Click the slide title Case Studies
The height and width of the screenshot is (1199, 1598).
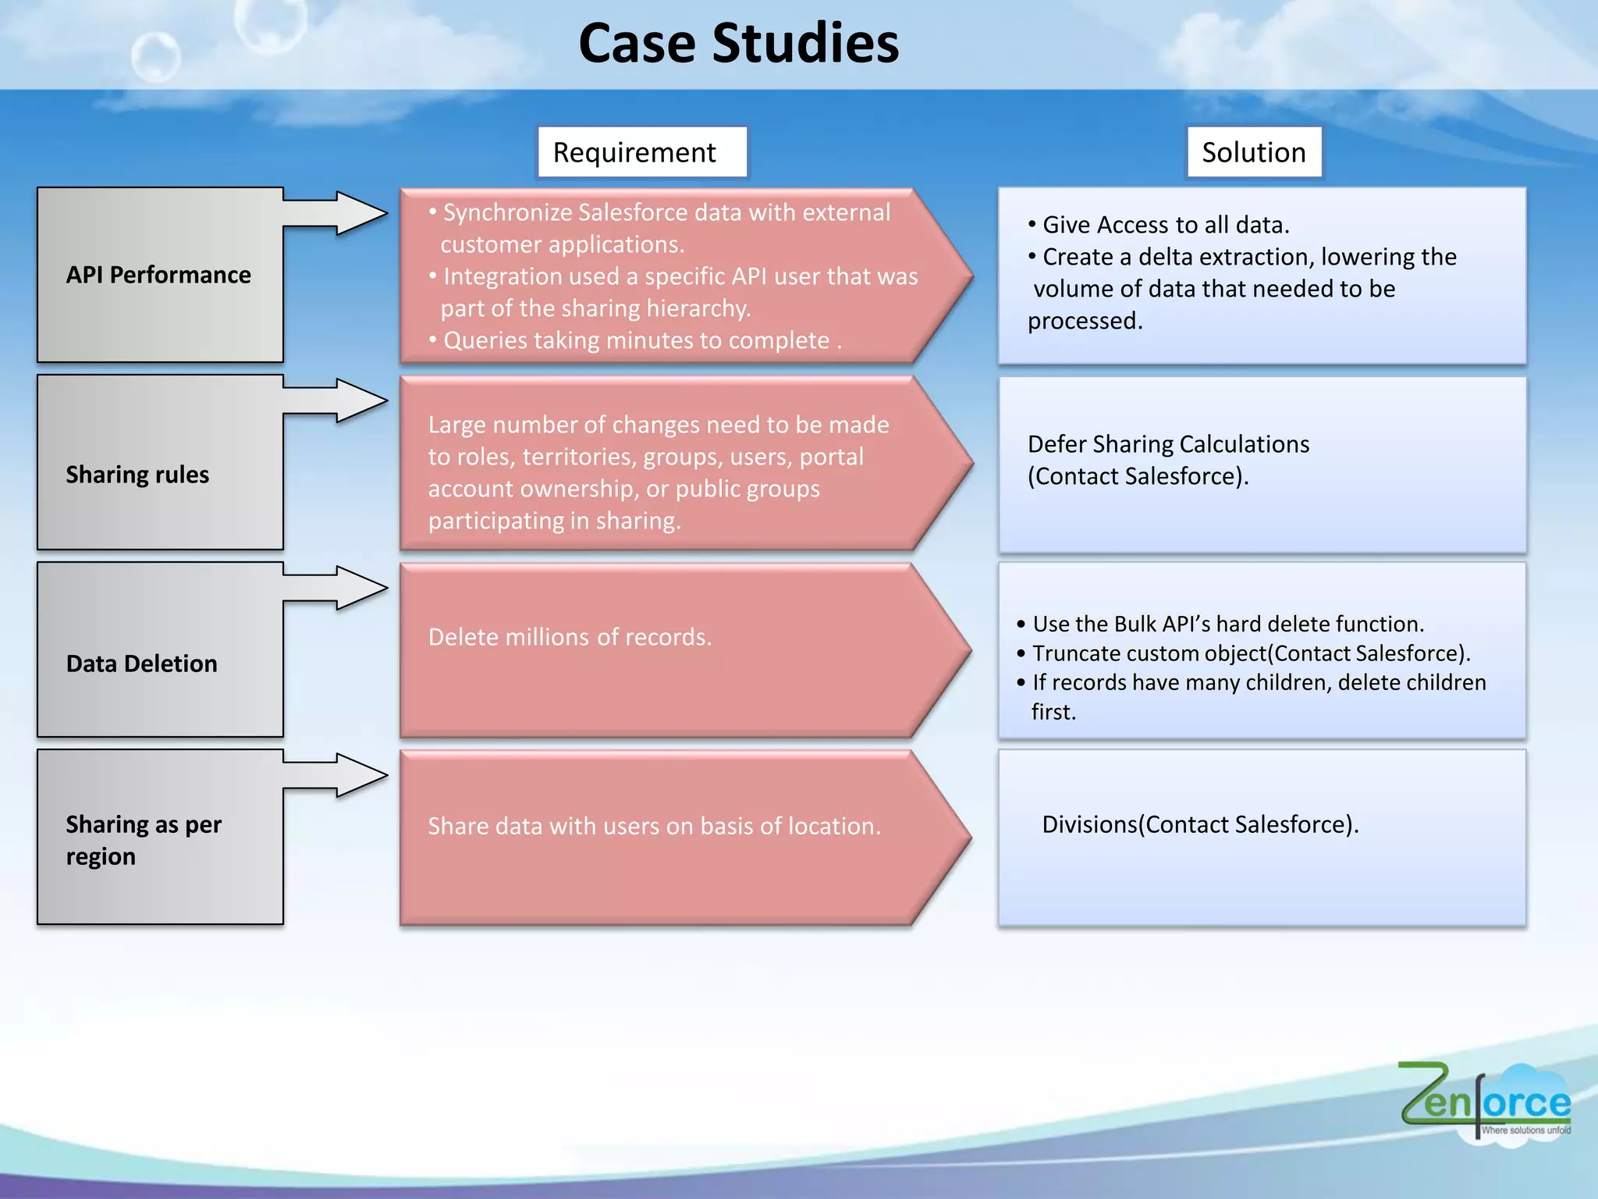coord(738,43)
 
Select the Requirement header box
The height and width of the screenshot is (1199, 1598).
coord(641,152)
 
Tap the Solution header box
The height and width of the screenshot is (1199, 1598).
coord(1254,152)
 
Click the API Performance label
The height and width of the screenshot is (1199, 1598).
coord(158,275)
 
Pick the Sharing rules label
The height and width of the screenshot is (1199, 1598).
coord(137,475)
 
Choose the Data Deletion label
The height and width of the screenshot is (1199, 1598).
coord(142,664)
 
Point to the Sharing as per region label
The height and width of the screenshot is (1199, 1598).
coord(144,840)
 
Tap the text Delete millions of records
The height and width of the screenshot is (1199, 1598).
coord(570,637)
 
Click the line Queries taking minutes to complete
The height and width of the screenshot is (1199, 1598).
coord(636,340)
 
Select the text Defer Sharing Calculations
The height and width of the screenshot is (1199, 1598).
coord(1168,444)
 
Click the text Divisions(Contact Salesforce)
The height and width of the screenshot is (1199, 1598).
coord(1200,824)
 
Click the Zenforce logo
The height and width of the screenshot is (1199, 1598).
coord(1485,1101)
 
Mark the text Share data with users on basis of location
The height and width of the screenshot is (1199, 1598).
coord(654,826)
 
